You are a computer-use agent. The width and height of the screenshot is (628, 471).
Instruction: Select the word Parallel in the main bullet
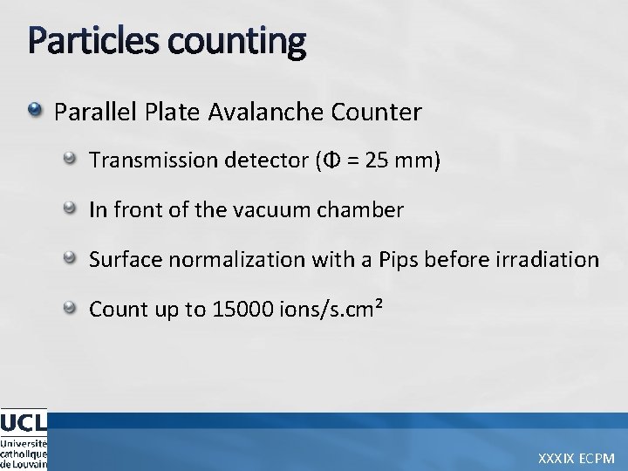point(87,113)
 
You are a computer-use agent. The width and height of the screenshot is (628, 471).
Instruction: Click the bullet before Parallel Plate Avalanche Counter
point(35,111)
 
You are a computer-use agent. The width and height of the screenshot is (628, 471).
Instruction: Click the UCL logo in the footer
point(24,439)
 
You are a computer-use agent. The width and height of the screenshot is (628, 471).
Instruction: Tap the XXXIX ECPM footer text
point(577,457)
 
